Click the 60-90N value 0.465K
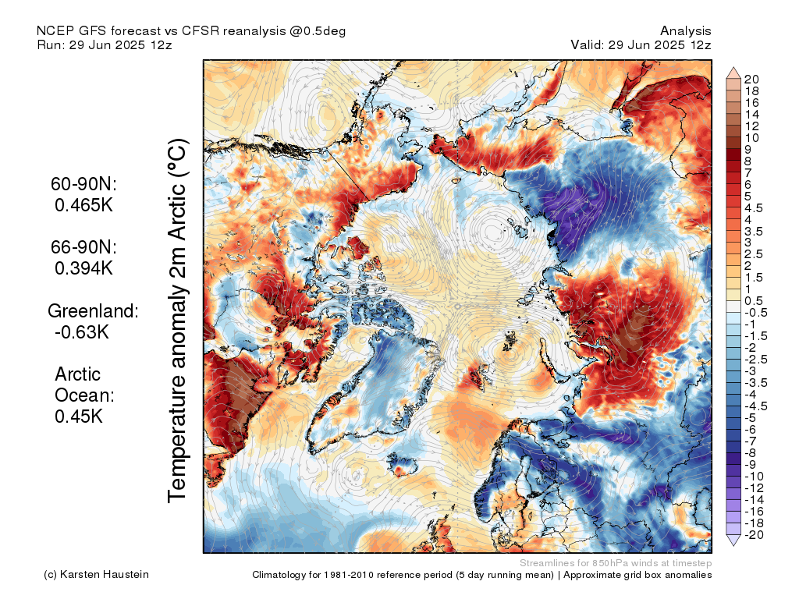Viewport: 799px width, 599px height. pyautogui.click(x=83, y=205)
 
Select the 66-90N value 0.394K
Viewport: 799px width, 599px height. pyautogui.click(x=83, y=268)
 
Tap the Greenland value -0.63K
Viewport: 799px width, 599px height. pyautogui.click(x=81, y=331)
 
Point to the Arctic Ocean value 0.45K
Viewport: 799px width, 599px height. pyautogui.click(x=79, y=416)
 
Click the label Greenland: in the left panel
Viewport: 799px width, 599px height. pyautogui.click(x=93, y=310)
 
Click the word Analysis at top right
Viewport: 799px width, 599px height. pyautogui.click(x=685, y=31)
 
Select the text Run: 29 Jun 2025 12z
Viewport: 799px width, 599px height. pyautogui.click(x=105, y=44)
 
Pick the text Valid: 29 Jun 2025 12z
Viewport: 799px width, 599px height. pyautogui.click(x=641, y=44)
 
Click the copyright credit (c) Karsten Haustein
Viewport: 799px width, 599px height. pyautogui.click(x=96, y=575)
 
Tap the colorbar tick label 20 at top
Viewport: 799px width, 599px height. pyautogui.click(x=751, y=80)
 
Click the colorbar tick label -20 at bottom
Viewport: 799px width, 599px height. pyautogui.click(x=754, y=535)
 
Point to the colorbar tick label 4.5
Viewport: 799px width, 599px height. pyautogui.click(x=753, y=208)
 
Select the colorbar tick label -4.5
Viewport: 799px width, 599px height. pyautogui.click(x=755, y=406)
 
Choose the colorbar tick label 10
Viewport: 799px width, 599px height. pyautogui.click(x=751, y=138)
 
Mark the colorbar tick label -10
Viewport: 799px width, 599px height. pyautogui.click(x=754, y=477)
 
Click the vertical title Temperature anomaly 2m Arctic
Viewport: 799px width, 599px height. pyautogui.click(x=178, y=321)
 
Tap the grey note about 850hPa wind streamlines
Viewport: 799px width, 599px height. pyautogui.click(x=616, y=563)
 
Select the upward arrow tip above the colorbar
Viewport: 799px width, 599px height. pyautogui.click(x=733, y=67)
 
